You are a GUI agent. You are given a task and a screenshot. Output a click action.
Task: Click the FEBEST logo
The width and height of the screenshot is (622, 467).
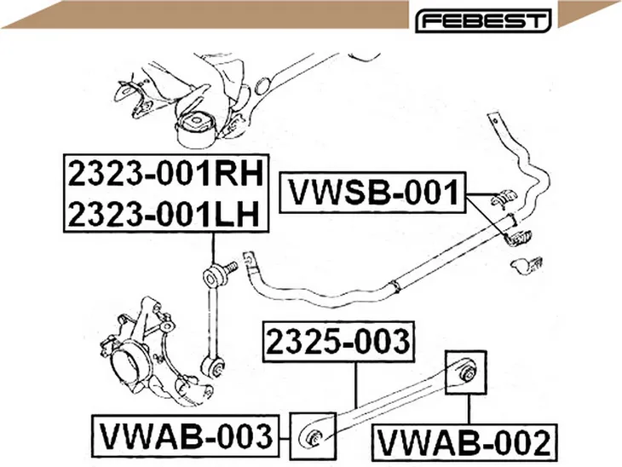tap(483, 20)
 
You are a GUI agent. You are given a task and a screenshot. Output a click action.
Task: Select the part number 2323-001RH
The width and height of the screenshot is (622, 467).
tap(166, 173)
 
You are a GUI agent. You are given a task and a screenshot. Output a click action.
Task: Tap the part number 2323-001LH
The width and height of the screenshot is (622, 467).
tap(164, 213)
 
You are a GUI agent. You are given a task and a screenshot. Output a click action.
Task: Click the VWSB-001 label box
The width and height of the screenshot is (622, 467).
tap(372, 193)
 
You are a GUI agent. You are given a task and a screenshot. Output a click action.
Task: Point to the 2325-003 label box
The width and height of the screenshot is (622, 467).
tap(340, 342)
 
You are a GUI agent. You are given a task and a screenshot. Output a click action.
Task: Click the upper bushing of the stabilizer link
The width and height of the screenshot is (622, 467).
tap(215, 276)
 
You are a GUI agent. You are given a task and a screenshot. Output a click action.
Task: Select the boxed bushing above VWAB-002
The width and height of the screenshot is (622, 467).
tap(466, 372)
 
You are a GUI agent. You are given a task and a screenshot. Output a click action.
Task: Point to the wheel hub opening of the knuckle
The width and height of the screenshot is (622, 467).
tap(126, 366)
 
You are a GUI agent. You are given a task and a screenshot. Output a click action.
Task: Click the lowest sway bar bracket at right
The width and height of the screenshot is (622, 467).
tap(527, 265)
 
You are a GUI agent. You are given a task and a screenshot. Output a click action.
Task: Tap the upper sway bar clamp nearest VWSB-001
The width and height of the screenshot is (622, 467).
tap(504, 199)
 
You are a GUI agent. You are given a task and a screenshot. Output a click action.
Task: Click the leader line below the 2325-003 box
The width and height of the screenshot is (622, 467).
tap(356, 385)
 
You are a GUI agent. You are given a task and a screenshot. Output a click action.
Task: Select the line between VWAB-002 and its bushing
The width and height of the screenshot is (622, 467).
tap(469, 409)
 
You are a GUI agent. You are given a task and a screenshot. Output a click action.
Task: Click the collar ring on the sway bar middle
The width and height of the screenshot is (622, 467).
tap(395, 286)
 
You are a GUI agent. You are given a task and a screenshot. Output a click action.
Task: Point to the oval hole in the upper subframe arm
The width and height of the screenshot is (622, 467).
tap(262, 85)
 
